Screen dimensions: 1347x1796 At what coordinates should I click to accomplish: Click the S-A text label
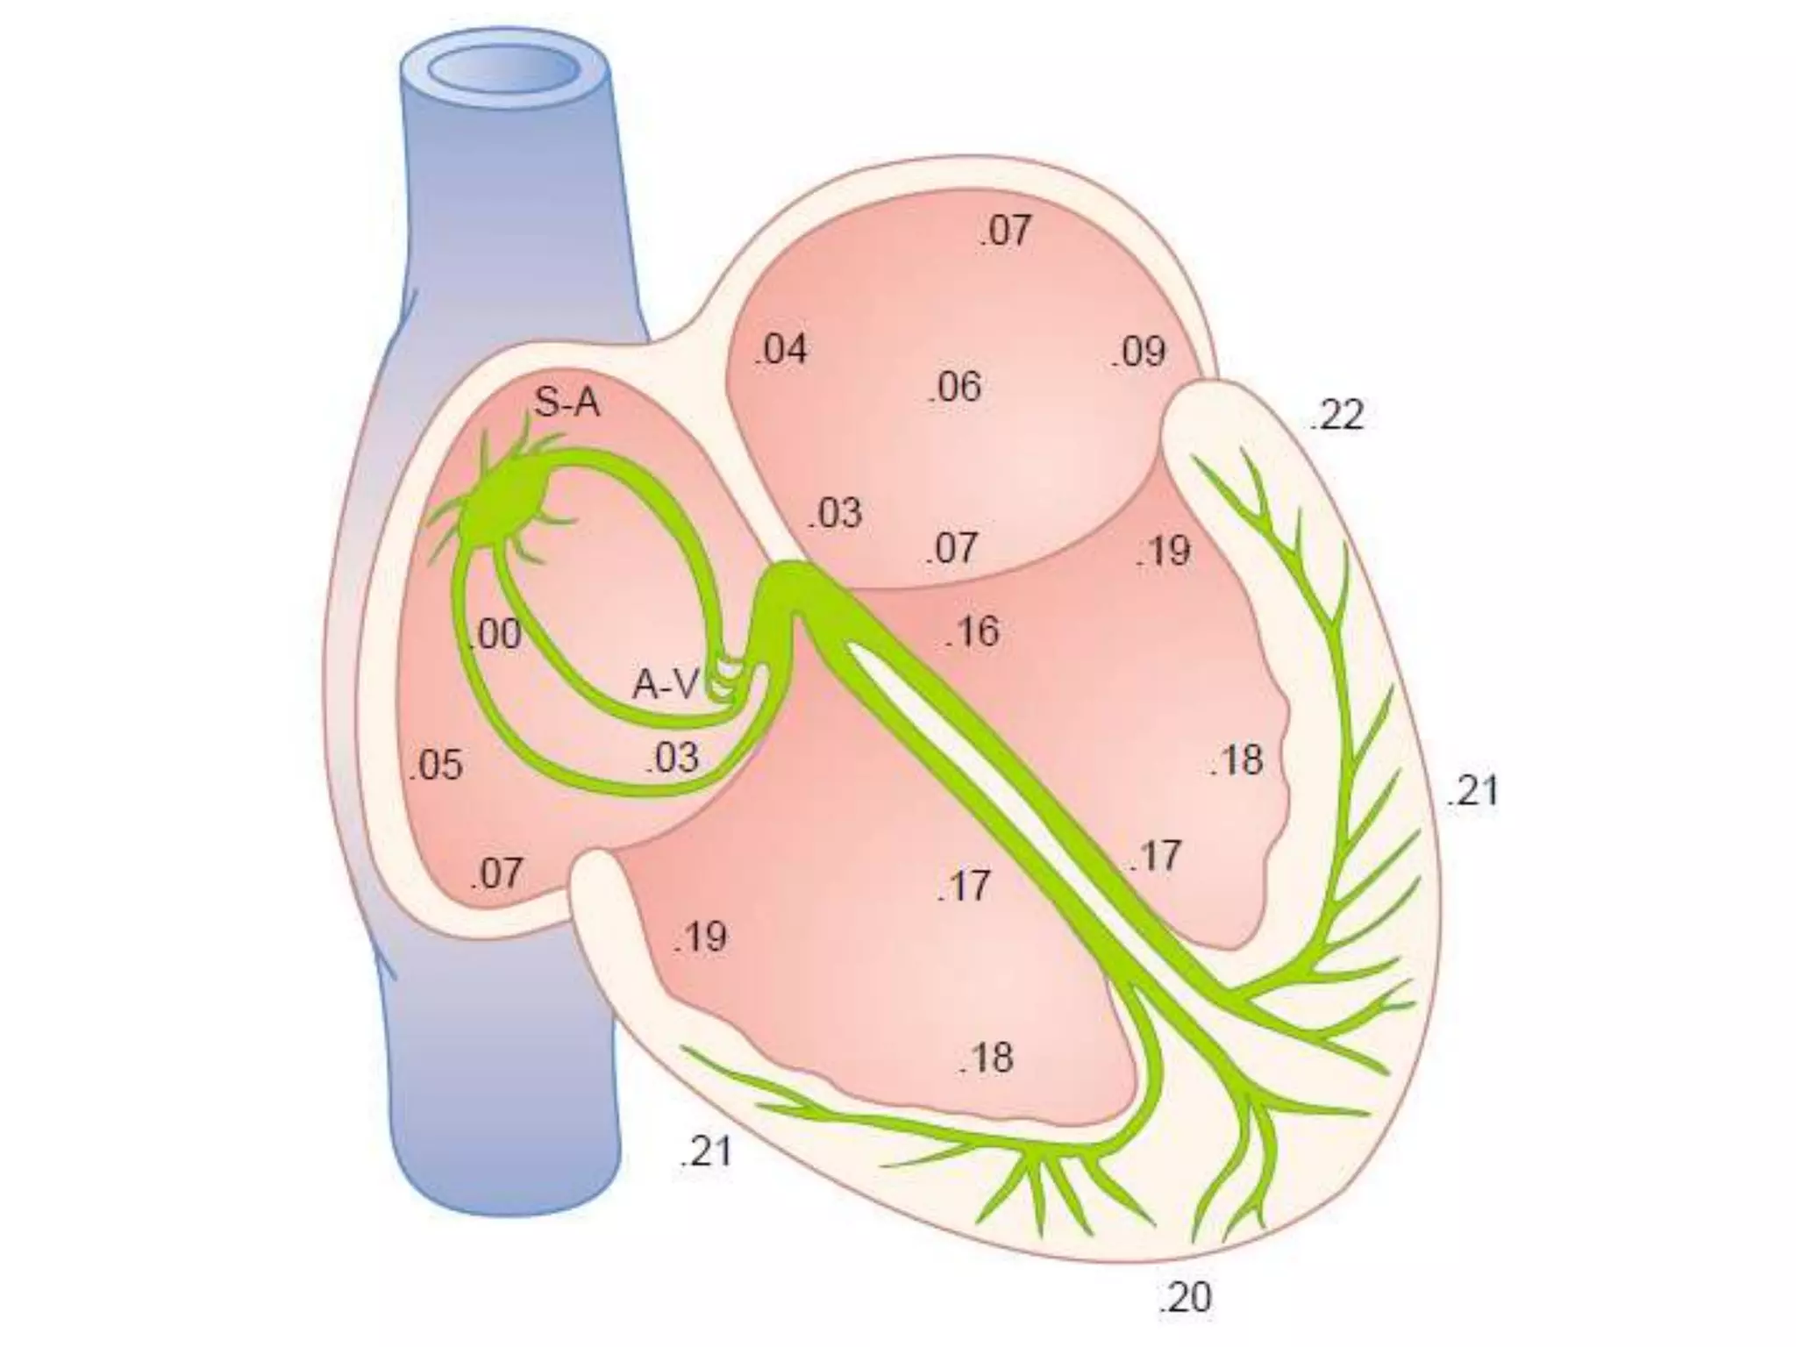coord(567,403)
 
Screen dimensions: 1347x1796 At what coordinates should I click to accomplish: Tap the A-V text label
coord(666,685)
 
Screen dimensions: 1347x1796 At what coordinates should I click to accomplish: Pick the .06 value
coord(955,387)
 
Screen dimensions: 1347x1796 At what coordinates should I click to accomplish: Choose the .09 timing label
coord(1139,353)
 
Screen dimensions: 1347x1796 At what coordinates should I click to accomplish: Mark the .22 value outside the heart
coord(1336,416)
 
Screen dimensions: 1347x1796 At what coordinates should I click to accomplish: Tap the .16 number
coord(973,631)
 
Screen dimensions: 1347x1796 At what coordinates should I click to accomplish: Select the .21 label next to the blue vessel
coord(705,1151)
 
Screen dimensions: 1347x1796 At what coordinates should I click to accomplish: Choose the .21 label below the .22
coord(1472,791)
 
